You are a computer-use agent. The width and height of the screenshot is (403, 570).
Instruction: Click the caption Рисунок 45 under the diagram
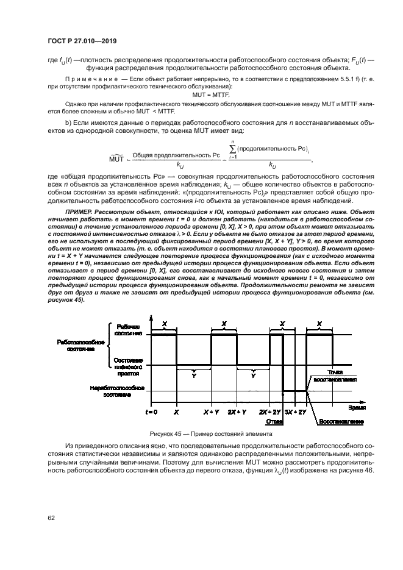[x=210, y=433]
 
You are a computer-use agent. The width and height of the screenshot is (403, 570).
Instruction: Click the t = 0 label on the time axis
[x=151, y=413]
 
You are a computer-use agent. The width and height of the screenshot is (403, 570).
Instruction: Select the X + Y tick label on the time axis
[x=211, y=413]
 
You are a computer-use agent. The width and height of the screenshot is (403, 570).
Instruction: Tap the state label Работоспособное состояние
[x=82, y=345]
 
